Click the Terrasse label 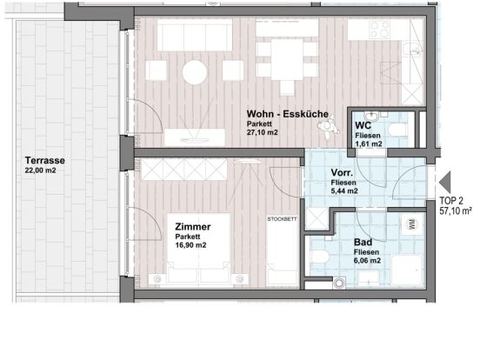(45, 160)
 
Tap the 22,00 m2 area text (40, 170)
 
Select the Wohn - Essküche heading (288, 114)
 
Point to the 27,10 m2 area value (263, 132)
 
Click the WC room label (363, 125)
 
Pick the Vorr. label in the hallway (342, 173)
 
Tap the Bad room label (363, 242)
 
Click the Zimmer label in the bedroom (193, 227)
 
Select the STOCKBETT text (282, 219)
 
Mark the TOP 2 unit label (451, 201)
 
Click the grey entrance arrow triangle (445, 182)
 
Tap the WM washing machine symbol (413, 224)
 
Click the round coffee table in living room (195, 72)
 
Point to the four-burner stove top (380, 30)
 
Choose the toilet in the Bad (319, 257)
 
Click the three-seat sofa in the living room (195, 35)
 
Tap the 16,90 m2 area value (190, 245)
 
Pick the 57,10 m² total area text (456, 211)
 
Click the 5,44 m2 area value (344, 191)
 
